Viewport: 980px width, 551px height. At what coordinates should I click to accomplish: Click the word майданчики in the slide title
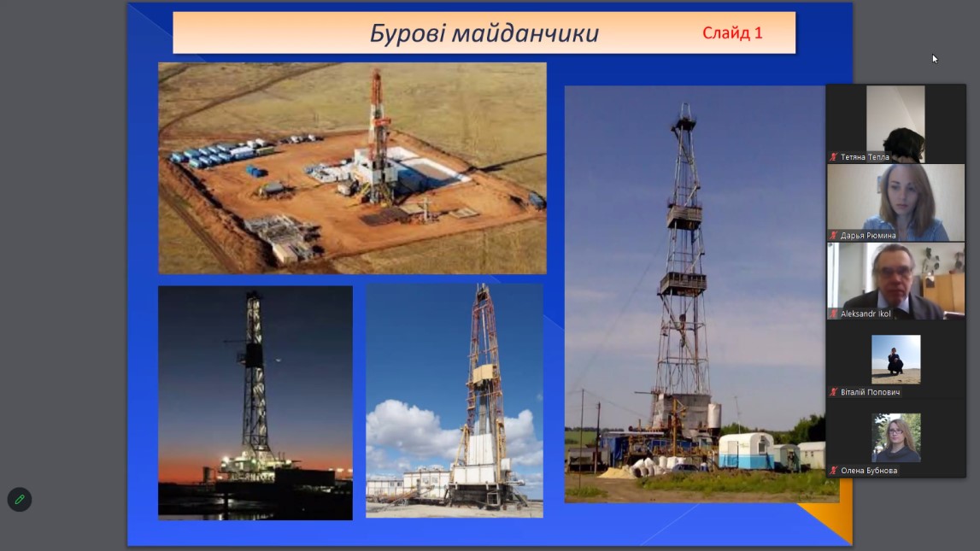(525, 33)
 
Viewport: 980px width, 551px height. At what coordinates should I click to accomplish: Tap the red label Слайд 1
(732, 32)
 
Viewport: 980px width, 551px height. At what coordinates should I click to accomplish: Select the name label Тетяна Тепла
(865, 157)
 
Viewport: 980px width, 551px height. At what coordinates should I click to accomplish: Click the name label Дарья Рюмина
(868, 236)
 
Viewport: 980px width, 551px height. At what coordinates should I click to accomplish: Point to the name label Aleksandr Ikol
(866, 314)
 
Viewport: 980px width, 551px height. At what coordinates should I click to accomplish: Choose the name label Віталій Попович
(870, 392)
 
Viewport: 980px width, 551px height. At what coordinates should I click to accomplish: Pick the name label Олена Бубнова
(869, 471)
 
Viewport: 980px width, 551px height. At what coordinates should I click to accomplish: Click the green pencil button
(20, 500)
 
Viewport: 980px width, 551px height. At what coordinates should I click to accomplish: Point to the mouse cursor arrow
(935, 58)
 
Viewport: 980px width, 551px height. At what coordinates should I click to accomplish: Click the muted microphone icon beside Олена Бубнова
(833, 471)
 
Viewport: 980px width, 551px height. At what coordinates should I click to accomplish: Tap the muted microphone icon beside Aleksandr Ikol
(833, 314)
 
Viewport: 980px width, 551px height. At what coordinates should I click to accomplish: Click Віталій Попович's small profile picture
(895, 359)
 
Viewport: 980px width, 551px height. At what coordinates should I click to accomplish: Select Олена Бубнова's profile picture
(895, 437)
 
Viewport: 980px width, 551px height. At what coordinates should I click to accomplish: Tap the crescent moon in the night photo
(278, 360)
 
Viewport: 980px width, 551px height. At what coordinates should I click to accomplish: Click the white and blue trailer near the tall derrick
(746, 450)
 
